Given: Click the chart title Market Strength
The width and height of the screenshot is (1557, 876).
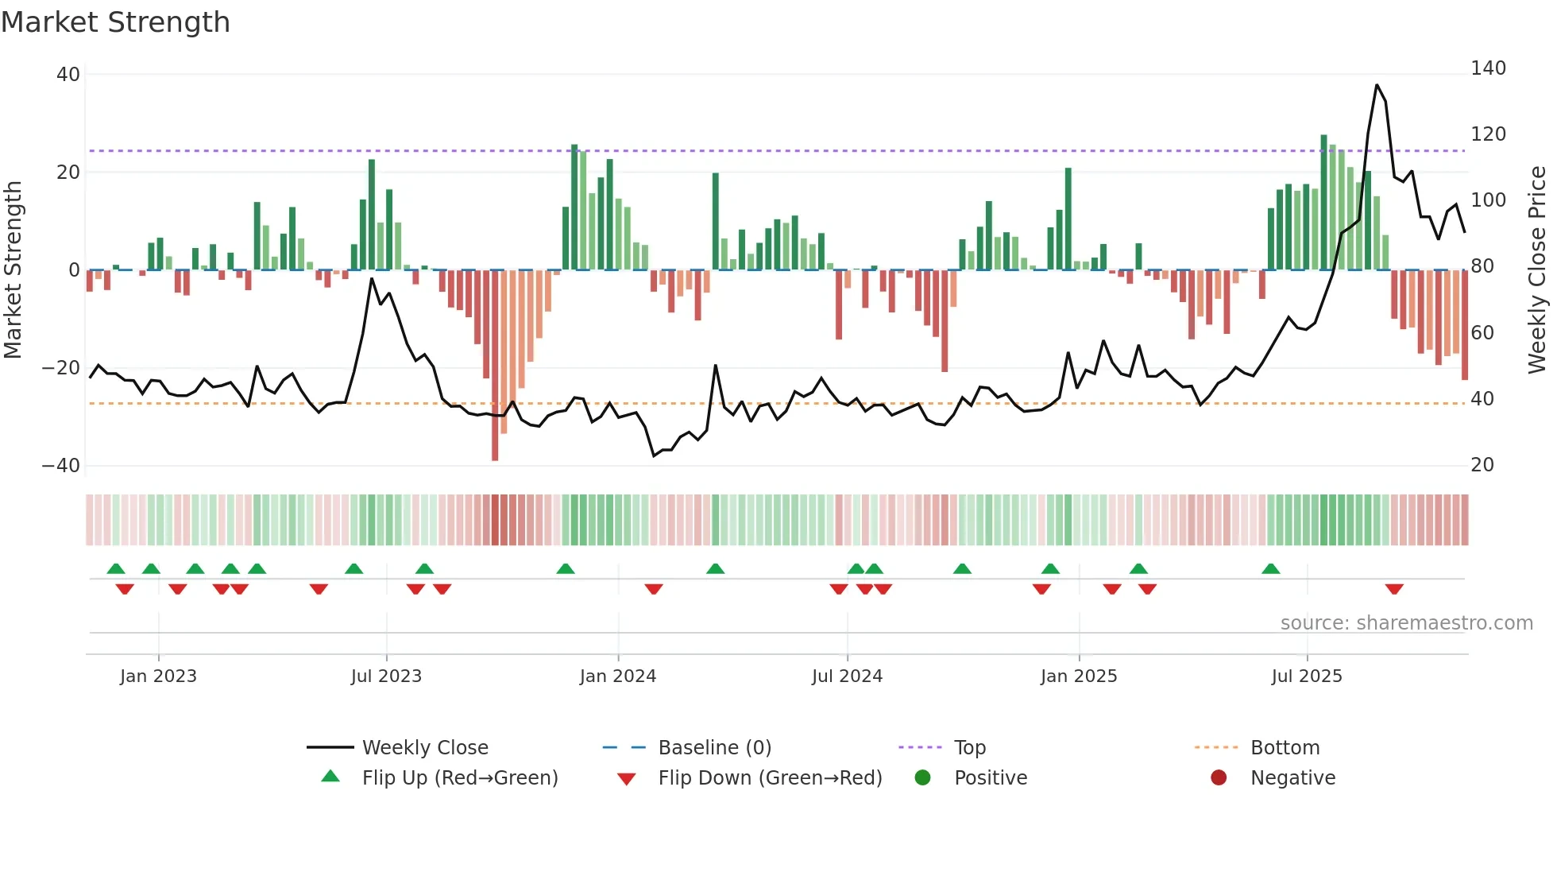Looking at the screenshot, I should click(115, 22).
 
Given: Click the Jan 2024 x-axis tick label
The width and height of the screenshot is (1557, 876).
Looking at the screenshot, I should click(617, 676).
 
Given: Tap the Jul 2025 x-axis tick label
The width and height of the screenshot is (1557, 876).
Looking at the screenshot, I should click(1306, 676).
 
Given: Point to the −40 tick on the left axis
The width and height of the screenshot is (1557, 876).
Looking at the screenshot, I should click(61, 466).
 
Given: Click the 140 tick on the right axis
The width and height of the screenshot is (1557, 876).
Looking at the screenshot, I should click(1487, 68).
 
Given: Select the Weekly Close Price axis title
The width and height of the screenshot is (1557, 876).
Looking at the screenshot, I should click(1537, 270).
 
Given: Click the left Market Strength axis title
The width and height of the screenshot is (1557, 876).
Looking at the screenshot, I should click(13, 270).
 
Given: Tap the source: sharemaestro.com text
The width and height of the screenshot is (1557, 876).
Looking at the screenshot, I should click(1406, 623).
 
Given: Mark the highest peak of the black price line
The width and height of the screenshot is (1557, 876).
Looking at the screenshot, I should click(1377, 85).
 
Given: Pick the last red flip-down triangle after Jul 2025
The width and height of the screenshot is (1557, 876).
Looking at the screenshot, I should click(1393, 589).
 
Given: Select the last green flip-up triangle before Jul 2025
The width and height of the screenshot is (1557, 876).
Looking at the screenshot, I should click(1270, 568).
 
